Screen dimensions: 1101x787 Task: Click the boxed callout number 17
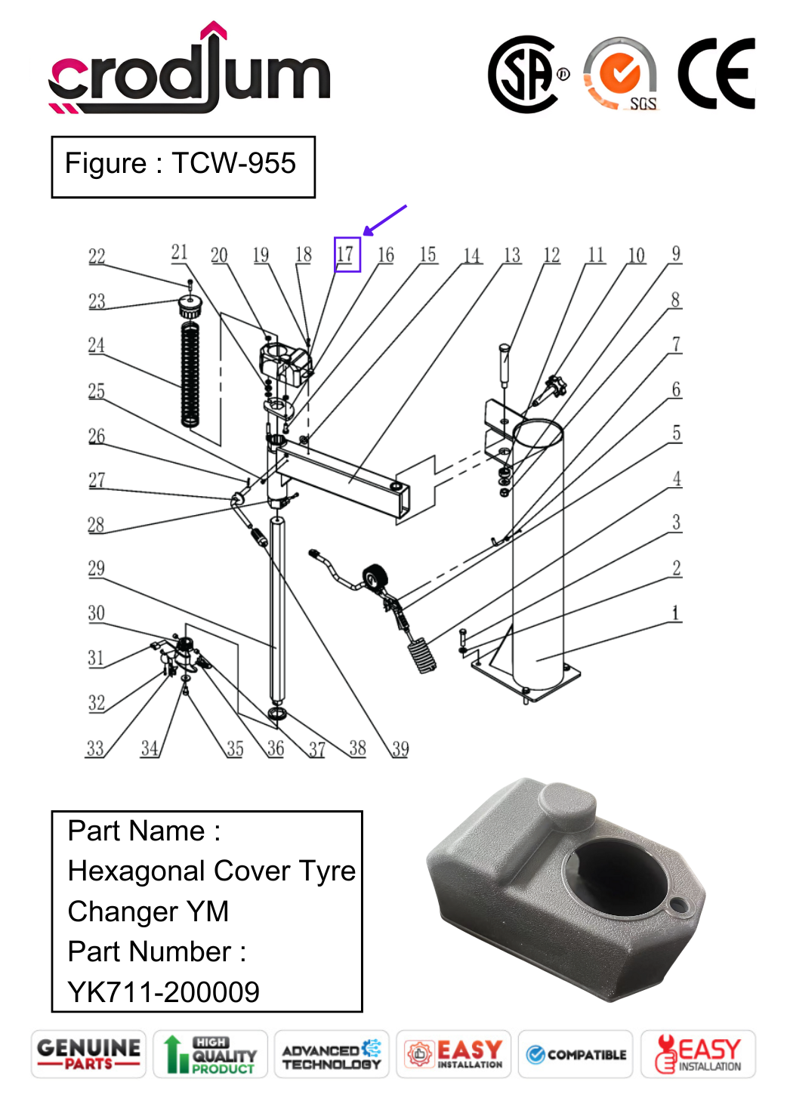(347, 254)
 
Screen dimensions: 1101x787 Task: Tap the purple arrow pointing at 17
(384, 220)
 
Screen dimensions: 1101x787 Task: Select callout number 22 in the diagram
(97, 257)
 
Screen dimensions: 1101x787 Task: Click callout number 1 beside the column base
(676, 613)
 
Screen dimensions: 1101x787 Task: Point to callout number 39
(400, 748)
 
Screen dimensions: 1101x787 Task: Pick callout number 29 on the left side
(96, 569)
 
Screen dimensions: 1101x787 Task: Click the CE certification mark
(716, 74)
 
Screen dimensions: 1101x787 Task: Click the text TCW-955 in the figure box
(233, 163)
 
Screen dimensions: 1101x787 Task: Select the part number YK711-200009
(163, 992)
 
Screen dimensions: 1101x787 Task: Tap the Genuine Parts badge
(88, 1053)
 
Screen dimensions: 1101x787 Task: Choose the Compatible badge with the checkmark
(576, 1054)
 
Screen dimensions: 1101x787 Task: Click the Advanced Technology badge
(332, 1054)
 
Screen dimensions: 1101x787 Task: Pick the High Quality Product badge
(211, 1054)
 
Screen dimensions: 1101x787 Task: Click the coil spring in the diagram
(190, 374)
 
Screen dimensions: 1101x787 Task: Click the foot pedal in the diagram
(422, 654)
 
